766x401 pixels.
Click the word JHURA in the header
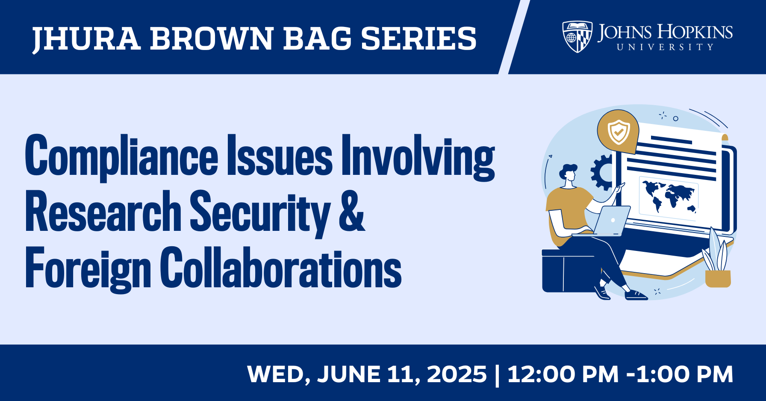pos(86,39)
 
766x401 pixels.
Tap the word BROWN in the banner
pos(212,38)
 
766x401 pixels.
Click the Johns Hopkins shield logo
pos(577,37)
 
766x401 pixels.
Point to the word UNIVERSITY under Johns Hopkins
pos(665,47)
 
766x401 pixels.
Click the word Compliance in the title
pos(121,157)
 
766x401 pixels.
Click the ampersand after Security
pos(352,211)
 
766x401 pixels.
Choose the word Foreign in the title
pos(88,269)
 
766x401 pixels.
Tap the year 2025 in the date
pos(457,374)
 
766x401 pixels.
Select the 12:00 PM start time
pos(563,374)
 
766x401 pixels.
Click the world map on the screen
pos(669,197)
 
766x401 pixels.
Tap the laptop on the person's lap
pos(605,221)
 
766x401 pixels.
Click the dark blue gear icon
pos(602,172)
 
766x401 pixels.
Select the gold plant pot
pos(718,278)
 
